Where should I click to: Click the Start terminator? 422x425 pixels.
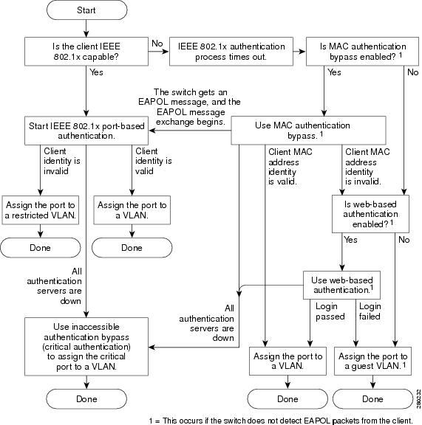coord(86,10)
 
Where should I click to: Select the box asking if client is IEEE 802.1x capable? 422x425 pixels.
coord(86,52)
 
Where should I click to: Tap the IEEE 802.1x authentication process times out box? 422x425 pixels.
coord(231,52)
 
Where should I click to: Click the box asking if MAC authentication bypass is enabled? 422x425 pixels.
coord(362,52)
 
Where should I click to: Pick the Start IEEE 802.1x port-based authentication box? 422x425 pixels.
coord(86,131)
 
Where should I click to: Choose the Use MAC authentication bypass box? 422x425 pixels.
coord(308,131)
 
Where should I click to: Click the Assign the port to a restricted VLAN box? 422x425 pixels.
coord(40,210)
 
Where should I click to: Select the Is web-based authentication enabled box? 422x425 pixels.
coord(370,214)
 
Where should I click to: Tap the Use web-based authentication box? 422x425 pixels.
coord(341,285)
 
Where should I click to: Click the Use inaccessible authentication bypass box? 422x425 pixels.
coord(86,347)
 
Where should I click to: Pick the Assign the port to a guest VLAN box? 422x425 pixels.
coord(372,361)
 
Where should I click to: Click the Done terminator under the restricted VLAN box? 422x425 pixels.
coord(40,248)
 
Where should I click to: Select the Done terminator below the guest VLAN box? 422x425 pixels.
coord(372,399)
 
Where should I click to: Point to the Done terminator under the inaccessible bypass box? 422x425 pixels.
coord(86,399)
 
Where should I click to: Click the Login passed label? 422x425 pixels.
coord(330,311)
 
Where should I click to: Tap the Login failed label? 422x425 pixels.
coord(370,311)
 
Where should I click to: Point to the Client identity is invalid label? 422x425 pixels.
coord(62,161)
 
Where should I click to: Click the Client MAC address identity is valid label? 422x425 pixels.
coord(290,167)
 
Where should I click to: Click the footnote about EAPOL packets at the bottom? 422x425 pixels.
coord(281,421)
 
